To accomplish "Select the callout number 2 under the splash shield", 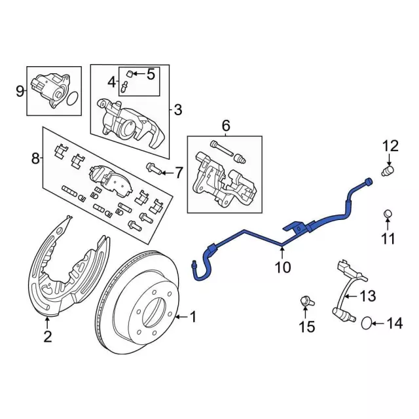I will click(47, 337).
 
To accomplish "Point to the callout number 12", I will click(390, 146).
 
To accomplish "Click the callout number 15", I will click(306, 326).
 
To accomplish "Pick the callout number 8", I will click(36, 158).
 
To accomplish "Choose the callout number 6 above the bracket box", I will click(226, 125).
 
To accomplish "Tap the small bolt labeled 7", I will click(151, 169).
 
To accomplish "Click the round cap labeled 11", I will click(388, 213).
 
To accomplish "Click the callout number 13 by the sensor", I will click(369, 296).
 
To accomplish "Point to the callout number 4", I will click(111, 82).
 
